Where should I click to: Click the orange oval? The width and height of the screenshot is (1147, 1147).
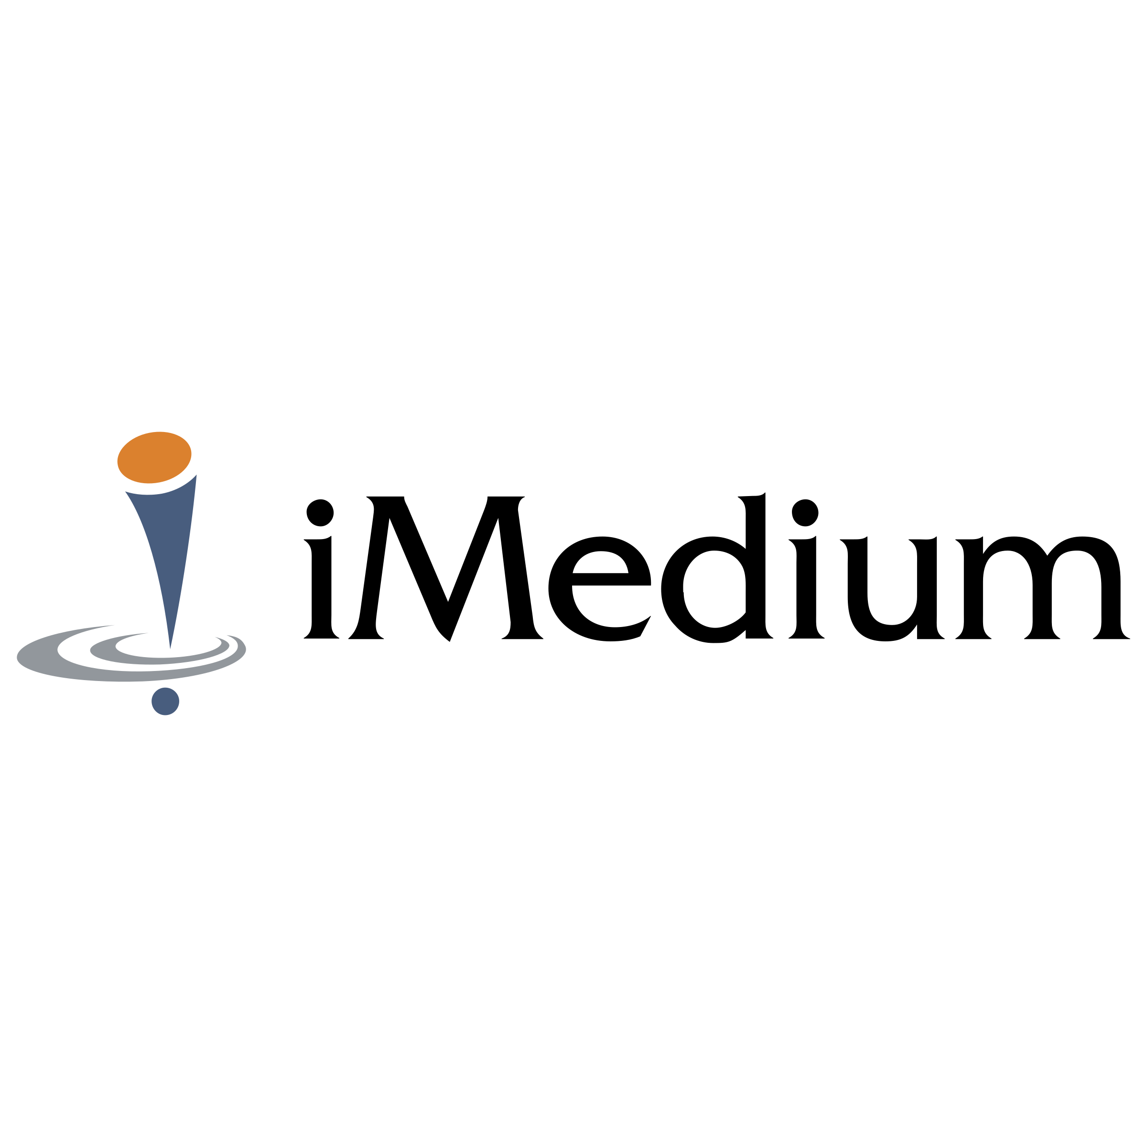click(154, 457)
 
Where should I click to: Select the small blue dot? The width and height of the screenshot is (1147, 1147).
click(165, 701)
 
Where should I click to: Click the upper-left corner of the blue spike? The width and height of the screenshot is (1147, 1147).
click(126, 492)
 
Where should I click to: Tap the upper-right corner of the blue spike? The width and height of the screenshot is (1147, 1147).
click(196, 475)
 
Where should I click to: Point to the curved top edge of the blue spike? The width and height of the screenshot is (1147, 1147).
click(160, 492)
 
